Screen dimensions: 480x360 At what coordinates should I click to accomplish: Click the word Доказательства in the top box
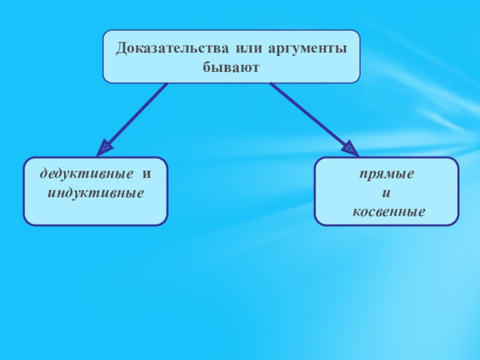click(174, 47)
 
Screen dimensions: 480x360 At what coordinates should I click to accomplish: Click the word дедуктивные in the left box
click(86, 175)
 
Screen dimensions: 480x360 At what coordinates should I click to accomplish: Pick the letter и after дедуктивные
click(146, 175)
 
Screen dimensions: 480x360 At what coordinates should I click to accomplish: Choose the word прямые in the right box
click(386, 175)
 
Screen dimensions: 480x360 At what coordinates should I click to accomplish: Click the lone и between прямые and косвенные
click(386, 194)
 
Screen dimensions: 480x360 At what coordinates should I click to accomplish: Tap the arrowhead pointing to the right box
click(347, 147)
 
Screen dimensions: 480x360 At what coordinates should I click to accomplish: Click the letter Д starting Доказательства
click(121, 47)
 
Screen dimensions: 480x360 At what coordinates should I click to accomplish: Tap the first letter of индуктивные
click(50, 194)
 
